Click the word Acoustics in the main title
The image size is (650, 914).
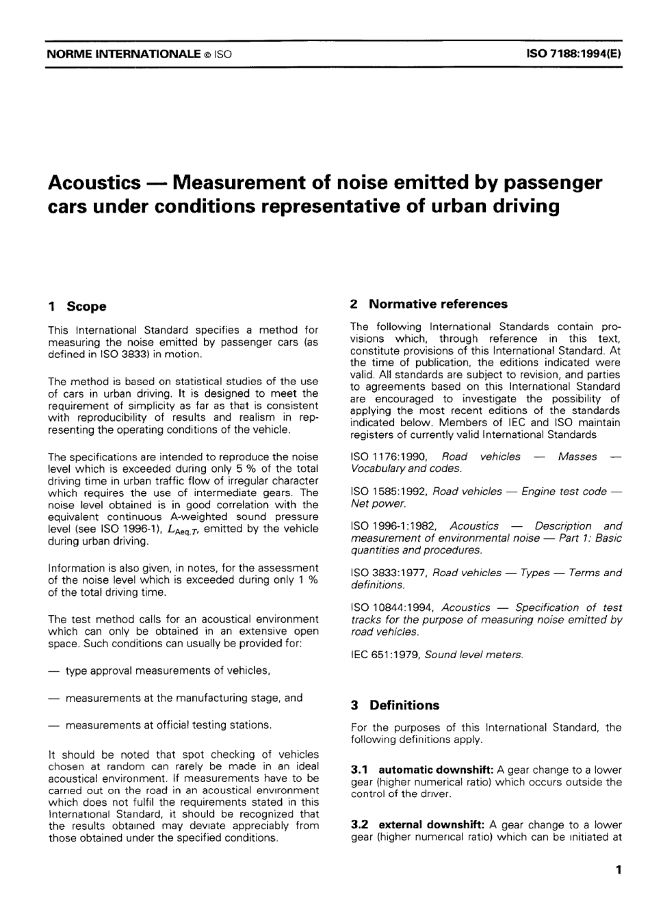click(94, 183)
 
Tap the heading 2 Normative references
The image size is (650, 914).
click(429, 304)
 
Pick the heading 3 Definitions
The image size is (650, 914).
click(395, 705)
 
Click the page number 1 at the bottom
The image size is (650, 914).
click(618, 871)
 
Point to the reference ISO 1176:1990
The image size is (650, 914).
click(389, 457)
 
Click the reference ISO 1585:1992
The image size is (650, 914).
click(389, 491)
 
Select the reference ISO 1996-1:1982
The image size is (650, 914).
click(394, 526)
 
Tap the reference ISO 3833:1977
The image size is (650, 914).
click(389, 573)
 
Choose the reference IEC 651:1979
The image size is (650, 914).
click(385, 655)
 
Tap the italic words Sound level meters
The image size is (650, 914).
click(473, 655)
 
